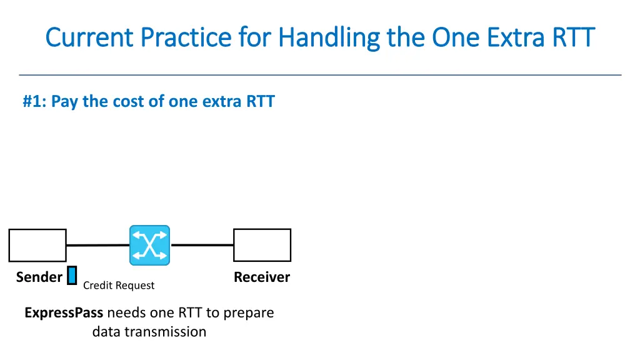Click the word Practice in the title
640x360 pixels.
[186, 37]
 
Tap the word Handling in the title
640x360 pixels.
[328, 37]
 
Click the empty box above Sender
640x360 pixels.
[37, 245]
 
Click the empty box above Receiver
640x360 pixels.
[262, 245]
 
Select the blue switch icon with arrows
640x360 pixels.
[149, 245]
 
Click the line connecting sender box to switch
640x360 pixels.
[97, 245]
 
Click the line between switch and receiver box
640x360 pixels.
[201, 245]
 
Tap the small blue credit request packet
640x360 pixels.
[72, 276]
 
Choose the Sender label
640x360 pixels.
[39, 277]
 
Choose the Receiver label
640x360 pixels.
[262, 277]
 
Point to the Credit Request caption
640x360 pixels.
[119, 286]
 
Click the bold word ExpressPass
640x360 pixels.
[64, 312]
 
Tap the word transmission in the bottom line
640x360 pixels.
[166, 332]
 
